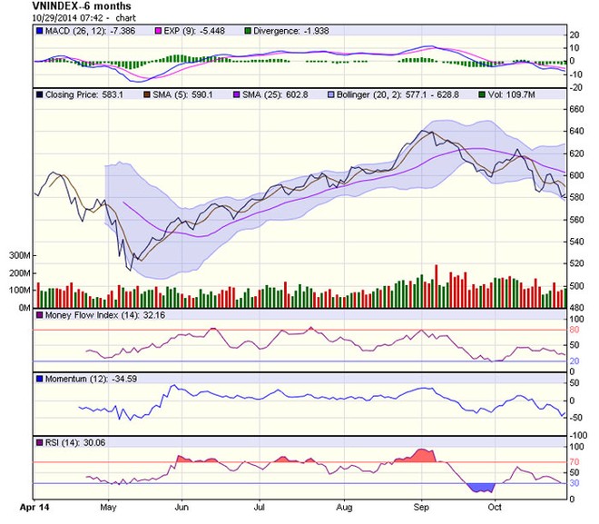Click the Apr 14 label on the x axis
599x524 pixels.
pyautogui.click(x=34, y=500)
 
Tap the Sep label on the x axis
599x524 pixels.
pyautogui.click(x=421, y=500)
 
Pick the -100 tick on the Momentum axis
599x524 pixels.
pyautogui.click(x=578, y=434)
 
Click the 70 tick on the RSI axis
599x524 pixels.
pyautogui.click(x=574, y=463)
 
